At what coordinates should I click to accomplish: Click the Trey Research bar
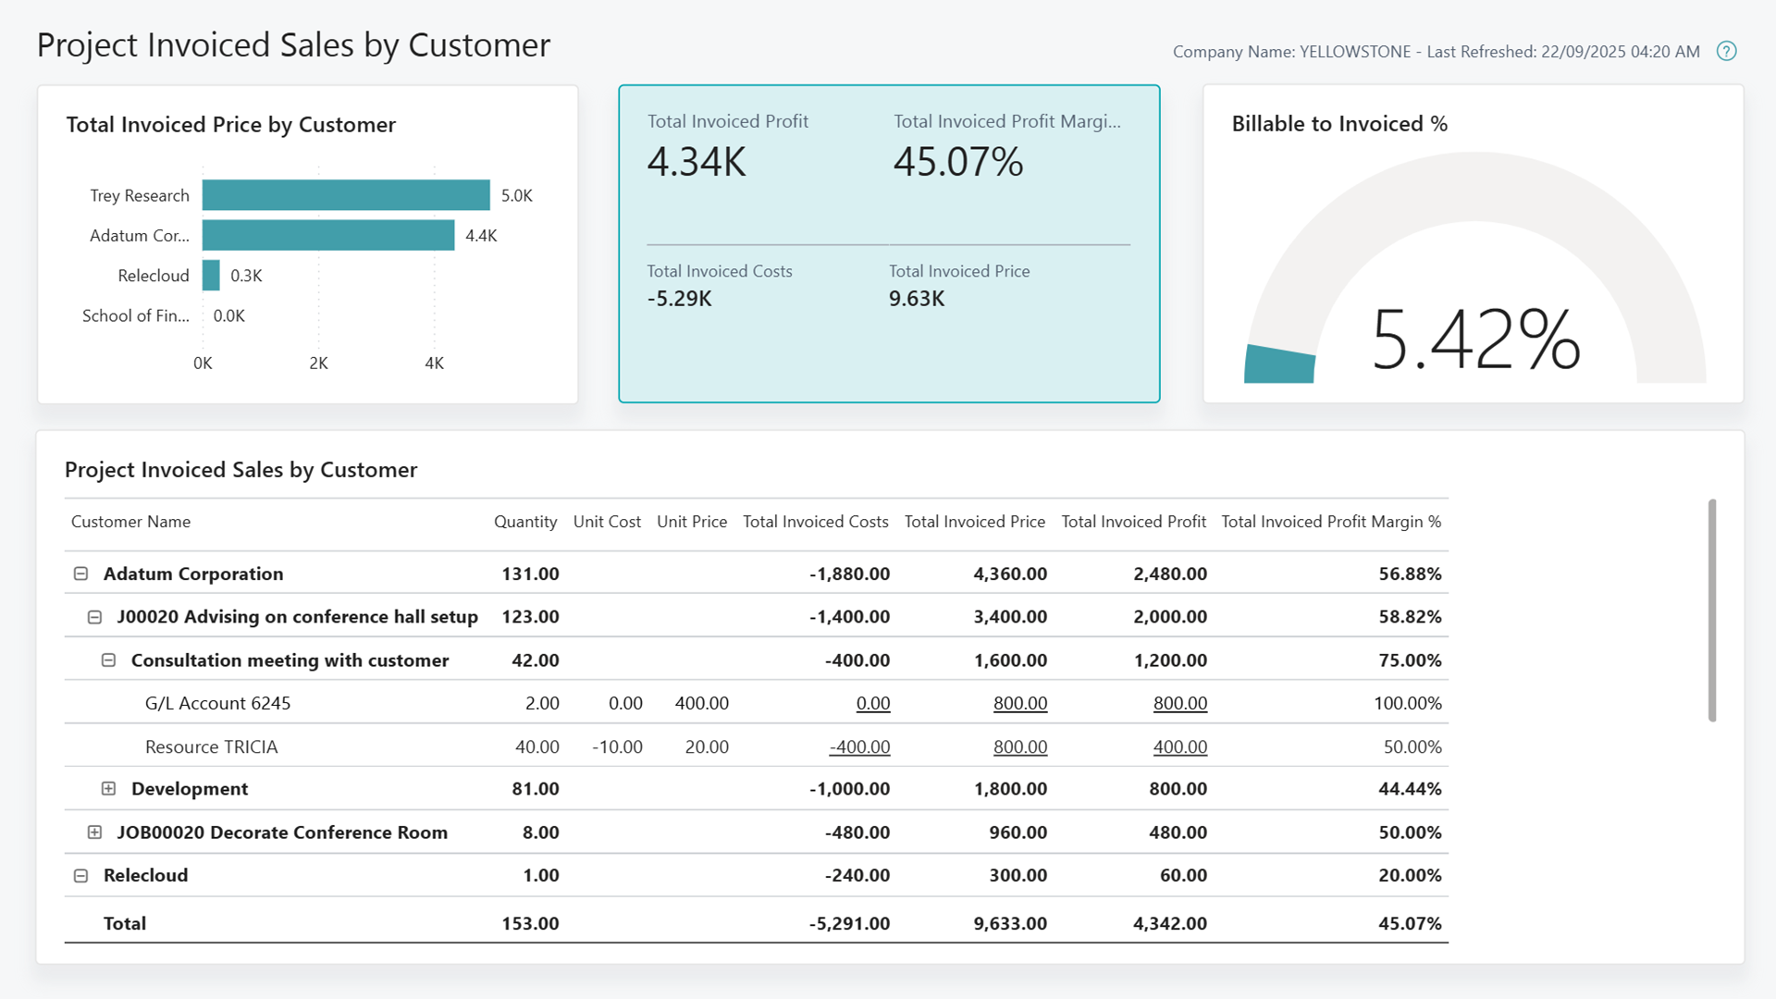(346, 195)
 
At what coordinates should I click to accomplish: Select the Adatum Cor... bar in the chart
(328, 235)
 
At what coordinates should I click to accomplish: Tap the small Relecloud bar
(211, 276)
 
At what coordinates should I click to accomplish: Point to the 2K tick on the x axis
(318, 364)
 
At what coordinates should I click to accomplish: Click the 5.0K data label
(516, 196)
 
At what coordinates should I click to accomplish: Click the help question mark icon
(1726, 52)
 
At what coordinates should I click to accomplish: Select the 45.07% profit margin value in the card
(957, 163)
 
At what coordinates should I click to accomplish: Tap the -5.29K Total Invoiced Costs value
(679, 299)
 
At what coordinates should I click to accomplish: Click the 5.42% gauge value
(1475, 340)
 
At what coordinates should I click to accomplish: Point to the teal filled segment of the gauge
(1279, 364)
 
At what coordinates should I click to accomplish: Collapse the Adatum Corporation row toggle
(80, 573)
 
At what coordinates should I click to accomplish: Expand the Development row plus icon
(108, 789)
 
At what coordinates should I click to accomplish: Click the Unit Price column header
(691, 522)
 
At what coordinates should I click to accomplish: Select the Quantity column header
(524, 522)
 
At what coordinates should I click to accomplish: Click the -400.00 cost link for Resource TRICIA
(859, 746)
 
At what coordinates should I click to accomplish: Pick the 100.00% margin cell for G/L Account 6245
(1407, 703)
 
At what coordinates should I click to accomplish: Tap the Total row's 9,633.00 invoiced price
(1009, 923)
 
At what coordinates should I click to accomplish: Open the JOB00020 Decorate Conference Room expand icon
(94, 832)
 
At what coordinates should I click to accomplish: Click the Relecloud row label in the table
(145, 875)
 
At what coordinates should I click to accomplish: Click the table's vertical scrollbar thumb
(1712, 610)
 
